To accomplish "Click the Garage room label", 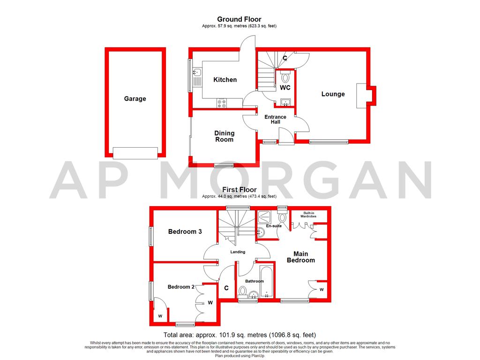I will tap(135, 99).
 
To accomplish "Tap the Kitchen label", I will tap(225, 80).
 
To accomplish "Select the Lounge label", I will tap(333, 94).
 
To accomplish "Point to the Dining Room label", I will tap(224, 136).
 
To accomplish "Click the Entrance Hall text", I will tap(275, 120).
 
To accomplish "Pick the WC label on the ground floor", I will tap(285, 88).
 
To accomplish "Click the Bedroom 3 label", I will tap(182, 232).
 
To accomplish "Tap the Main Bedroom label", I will tap(301, 257).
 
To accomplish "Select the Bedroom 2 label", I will tap(181, 287).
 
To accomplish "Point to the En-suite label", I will tap(273, 226).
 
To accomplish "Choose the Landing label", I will tap(238, 252).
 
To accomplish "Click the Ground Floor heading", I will tap(239, 19).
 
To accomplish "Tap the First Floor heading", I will tap(239, 190).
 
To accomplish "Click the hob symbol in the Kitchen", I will tap(222, 103).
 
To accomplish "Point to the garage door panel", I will tap(135, 153).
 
